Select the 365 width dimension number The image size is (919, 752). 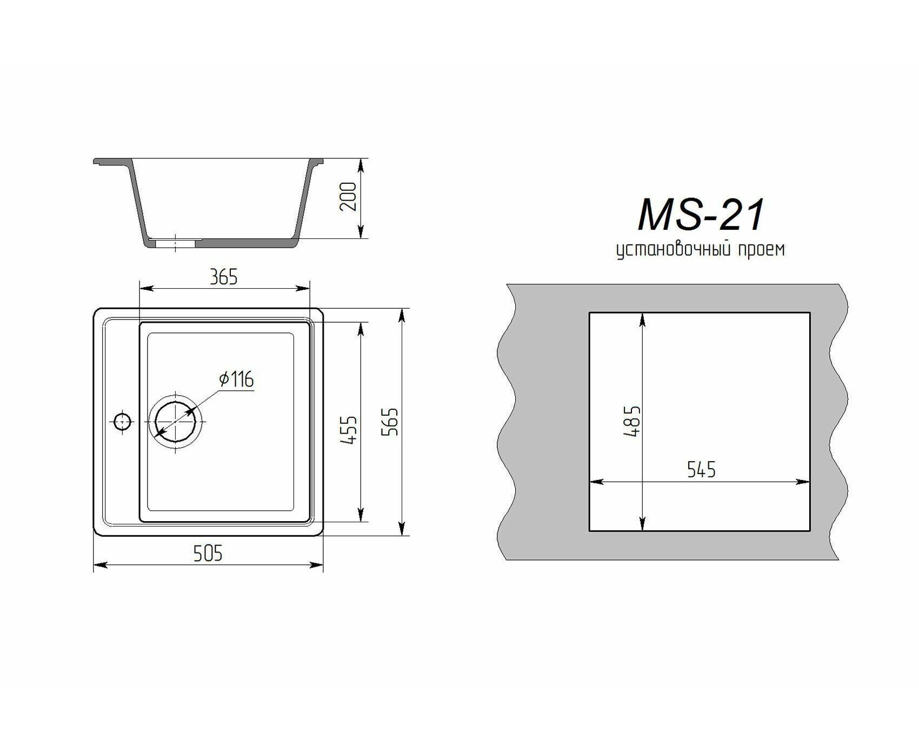click(x=224, y=277)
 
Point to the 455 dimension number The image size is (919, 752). click(x=350, y=430)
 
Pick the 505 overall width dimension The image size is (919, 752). click(x=208, y=553)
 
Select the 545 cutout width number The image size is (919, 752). click(x=701, y=470)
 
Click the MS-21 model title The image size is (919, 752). click(x=702, y=215)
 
